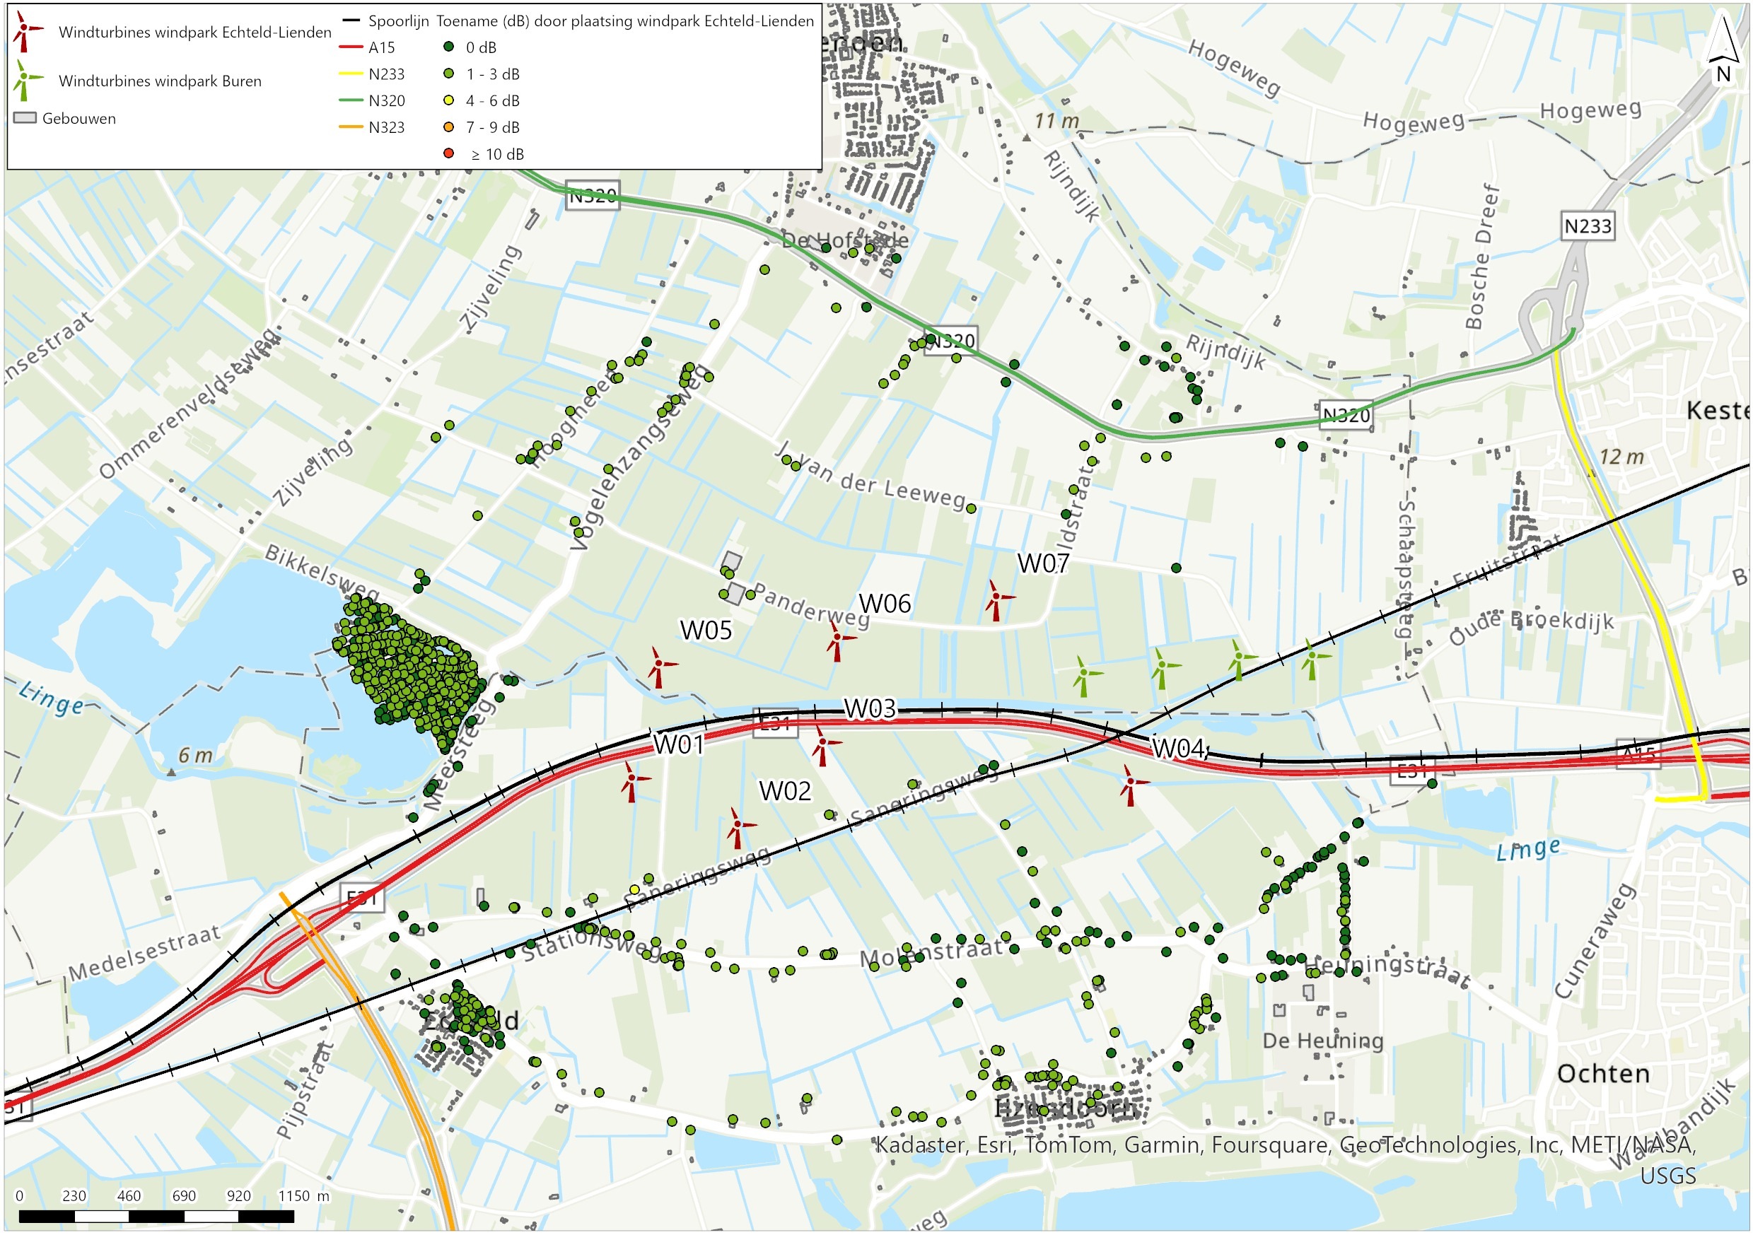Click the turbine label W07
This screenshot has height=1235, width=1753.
coord(1043,564)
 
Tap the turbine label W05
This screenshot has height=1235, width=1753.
coord(706,631)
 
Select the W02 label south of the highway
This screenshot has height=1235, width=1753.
coord(785,791)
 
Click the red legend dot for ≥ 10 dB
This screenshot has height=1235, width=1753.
coord(449,153)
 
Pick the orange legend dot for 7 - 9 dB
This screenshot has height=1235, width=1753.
coord(449,127)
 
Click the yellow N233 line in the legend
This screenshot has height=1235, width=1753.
coord(351,74)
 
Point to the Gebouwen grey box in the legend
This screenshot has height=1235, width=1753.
coord(25,118)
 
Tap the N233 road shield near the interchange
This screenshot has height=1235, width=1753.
coord(1588,227)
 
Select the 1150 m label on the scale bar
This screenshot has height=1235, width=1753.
coord(303,1196)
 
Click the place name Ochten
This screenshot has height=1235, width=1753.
coord(1603,1074)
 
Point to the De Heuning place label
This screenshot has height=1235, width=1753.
coord(1322,1041)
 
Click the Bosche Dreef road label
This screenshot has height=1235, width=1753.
coord(1483,257)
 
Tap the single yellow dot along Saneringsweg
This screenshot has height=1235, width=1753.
coord(634,889)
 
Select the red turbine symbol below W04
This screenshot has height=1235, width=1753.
coord(1130,783)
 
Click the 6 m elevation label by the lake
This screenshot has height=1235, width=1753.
coord(195,756)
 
